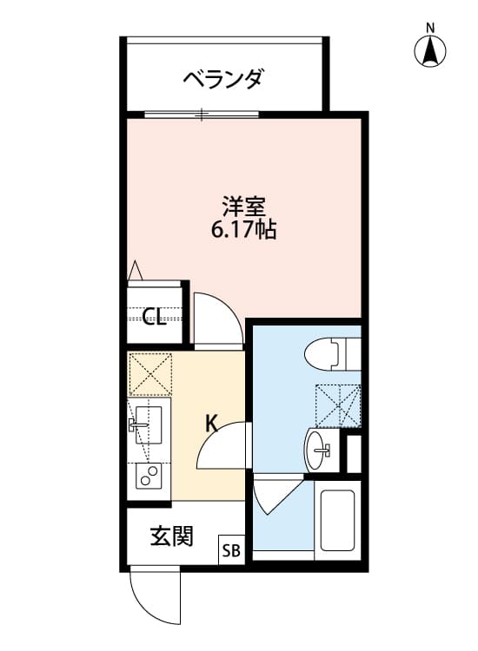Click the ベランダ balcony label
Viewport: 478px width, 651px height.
(x=222, y=80)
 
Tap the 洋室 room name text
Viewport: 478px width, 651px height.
(x=243, y=207)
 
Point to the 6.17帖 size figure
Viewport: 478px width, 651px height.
(x=243, y=231)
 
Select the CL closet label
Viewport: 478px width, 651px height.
(x=155, y=317)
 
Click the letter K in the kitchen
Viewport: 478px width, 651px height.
(x=211, y=424)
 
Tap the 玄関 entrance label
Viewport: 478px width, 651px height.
(x=171, y=536)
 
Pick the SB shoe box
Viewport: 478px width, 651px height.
(x=232, y=549)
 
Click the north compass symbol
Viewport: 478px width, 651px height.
(x=429, y=49)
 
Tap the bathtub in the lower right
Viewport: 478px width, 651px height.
(x=337, y=521)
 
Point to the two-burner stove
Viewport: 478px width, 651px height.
(x=149, y=477)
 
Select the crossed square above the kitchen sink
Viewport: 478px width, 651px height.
(x=149, y=374)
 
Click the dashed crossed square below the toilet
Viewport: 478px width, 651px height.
(x=337, y=404)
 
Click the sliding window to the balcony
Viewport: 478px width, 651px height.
(x=202, y=114)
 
